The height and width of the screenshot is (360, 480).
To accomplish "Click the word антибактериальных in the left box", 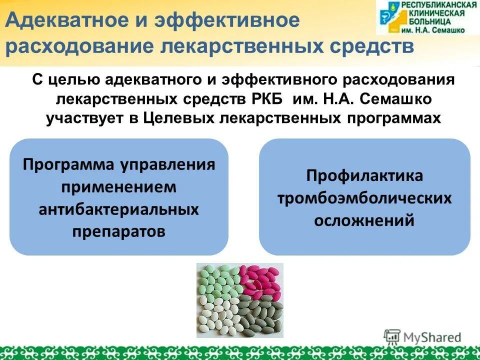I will (x=119, y=209).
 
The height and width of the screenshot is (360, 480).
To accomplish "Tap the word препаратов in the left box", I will (x=119, y=231).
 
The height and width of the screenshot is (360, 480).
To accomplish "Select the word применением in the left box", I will (x=119, y=187).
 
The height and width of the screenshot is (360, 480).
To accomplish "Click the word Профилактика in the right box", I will (x=364, y=176).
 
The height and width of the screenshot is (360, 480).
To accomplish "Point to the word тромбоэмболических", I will (x=364, y=198).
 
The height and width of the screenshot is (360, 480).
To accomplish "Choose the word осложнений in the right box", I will (x=364, y=220).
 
